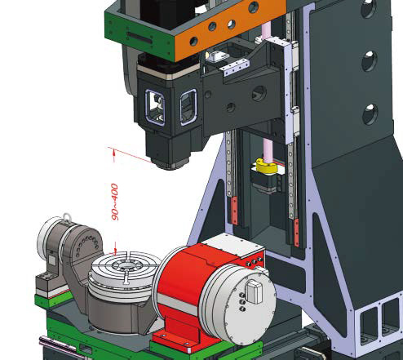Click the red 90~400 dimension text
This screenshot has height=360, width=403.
pos(115,202)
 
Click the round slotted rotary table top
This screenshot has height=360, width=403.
pos(126,267)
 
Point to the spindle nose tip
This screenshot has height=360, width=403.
pos(169,164)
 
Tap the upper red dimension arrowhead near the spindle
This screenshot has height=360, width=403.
pos(114,153)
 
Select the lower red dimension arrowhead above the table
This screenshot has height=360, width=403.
pos(115,250)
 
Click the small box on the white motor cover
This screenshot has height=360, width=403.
pos(254,291)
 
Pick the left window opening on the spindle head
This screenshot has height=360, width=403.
pos(155,108)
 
